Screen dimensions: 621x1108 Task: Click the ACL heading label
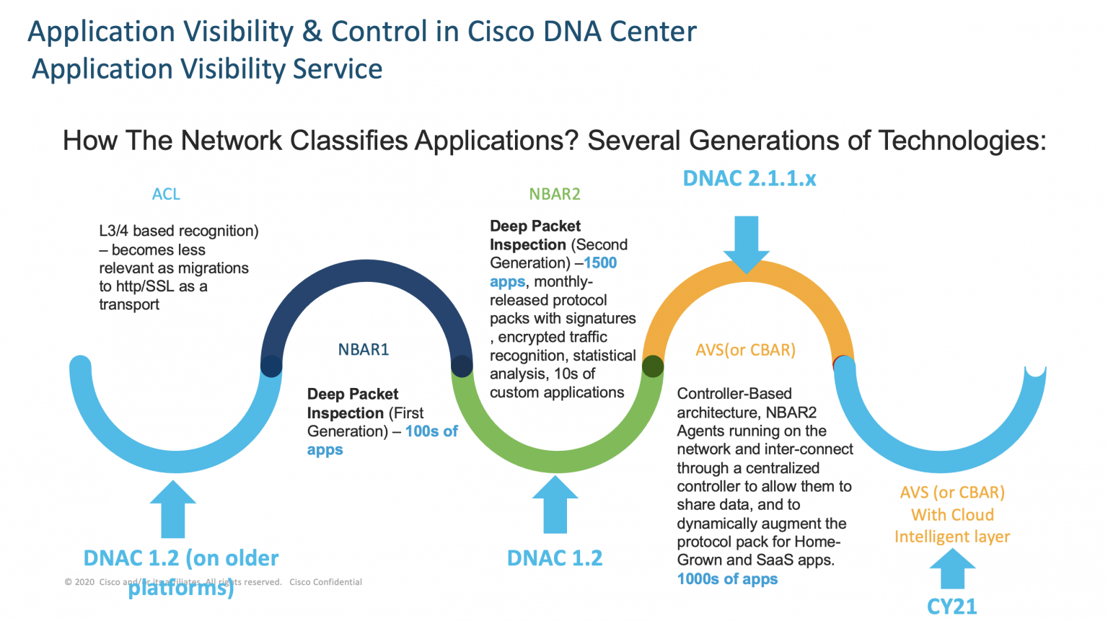[166, 194]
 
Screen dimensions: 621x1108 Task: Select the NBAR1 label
[364, 350]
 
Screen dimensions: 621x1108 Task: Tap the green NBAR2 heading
[554, 194]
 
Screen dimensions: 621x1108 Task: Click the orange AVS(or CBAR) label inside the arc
[745, 350]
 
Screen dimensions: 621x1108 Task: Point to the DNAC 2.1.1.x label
[749, 178]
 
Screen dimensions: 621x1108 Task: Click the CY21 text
[951, 607]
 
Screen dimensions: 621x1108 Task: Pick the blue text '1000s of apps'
[727, 579]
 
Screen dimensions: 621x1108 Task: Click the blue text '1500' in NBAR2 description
[600, 263]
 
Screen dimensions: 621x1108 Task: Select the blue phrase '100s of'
[431, 431]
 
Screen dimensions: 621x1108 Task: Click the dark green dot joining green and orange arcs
[653, 366]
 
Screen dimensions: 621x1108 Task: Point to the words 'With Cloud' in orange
[952, 515]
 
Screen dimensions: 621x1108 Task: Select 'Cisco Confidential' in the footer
[325, 582]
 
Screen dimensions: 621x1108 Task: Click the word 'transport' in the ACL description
[129, 304]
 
